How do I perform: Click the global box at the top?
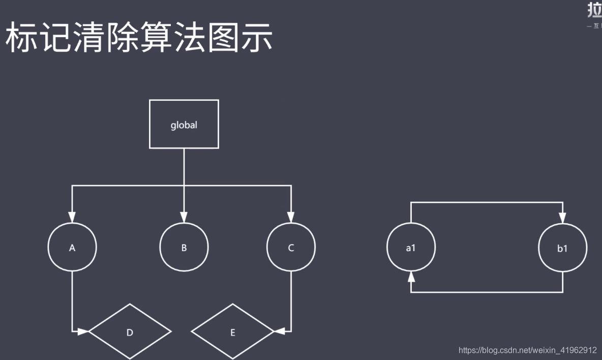tap(184, 124)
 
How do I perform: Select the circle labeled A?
tap(72, 248)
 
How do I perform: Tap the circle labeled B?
tap(184, 248)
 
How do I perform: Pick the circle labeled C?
tap(291, 248)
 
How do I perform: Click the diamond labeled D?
tap(130, 332)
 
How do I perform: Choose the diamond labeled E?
tap(233, 332)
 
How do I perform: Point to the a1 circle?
tap(411, 248)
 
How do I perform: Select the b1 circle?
tap(562, 248)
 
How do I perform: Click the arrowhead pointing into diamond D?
tap(83, 332)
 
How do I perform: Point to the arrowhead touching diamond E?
tap(279, 332)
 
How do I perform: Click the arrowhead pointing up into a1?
tap(411, 277)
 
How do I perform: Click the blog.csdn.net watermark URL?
tap(527, 350)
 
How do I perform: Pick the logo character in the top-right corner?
tap(594, 10)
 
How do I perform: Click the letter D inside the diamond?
tap(130, 333)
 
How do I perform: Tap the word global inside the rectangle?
tap(184, 125)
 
